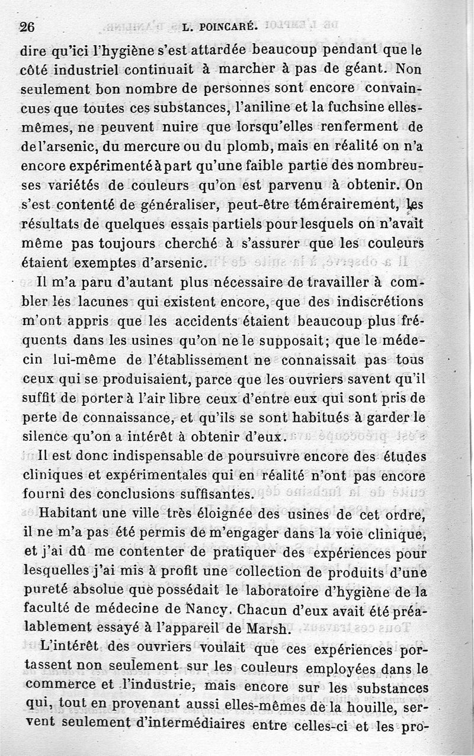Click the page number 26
[x=28, y=27]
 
